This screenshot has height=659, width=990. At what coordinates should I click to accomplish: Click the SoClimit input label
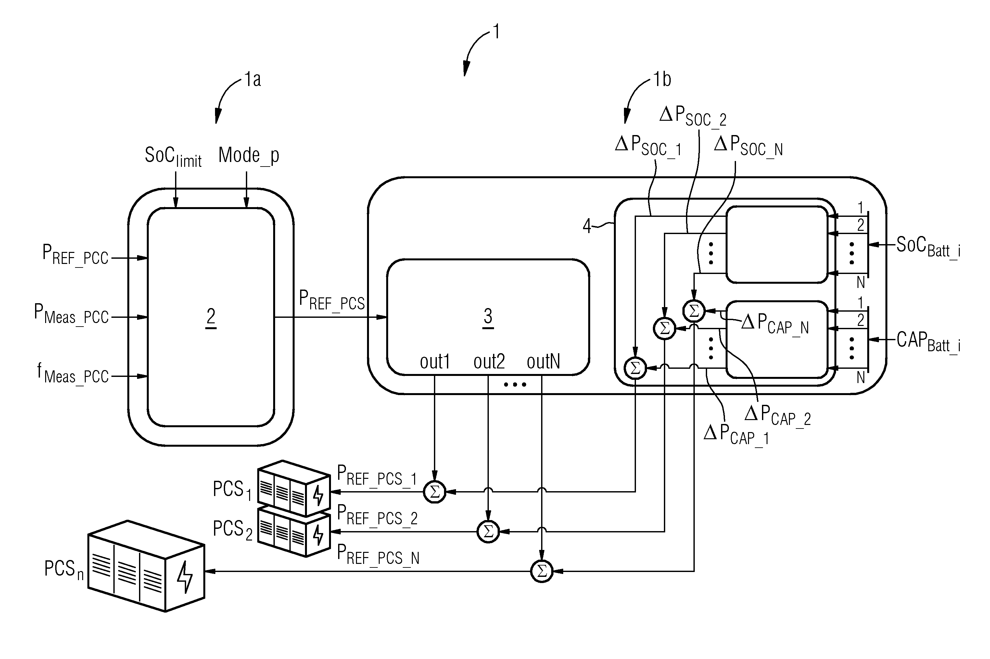[x=173, y=157]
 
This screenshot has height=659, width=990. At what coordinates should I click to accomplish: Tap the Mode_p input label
[x=249, y=155]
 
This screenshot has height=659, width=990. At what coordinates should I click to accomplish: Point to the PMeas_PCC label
[x=71, y=314]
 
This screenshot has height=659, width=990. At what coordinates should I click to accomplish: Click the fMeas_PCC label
[x=73, y=373]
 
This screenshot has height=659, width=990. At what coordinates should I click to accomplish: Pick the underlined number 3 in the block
[x=488, y=317]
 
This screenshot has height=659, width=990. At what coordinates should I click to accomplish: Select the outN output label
[x=543, y=361]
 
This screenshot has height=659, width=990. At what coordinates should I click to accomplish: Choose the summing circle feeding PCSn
[x=541, y=571]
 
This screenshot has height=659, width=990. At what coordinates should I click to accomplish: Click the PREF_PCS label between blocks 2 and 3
[x=332, y=300]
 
